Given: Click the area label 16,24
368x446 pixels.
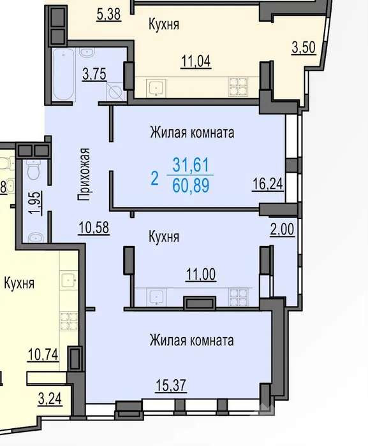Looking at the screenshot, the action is [268, 183].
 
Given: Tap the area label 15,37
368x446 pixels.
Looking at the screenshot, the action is [171, 385].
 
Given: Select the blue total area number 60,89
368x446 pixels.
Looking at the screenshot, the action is [191, 185].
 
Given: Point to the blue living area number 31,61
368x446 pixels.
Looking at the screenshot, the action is [191, 164].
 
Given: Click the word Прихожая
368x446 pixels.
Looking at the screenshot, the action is [84, 175].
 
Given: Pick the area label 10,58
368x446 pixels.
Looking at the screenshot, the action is [94, 227].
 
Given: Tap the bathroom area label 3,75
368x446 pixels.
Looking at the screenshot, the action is [94, 74].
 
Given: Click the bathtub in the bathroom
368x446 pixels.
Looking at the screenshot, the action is [63, 75].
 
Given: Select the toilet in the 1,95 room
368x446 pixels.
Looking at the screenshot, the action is [34, 170].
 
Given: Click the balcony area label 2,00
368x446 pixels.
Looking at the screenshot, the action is [283, 229].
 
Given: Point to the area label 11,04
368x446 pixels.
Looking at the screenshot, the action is [196, 61].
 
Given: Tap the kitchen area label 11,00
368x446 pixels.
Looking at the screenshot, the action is [201, 275].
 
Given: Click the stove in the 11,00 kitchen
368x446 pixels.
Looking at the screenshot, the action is [238, 297].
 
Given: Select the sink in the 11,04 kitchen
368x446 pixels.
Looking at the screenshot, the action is [156, 88].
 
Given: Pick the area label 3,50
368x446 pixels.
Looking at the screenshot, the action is [304, 47].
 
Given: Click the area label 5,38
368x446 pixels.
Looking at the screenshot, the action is [109, 14].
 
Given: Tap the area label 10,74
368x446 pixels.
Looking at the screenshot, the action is [43, 354].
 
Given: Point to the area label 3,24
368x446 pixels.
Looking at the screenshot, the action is [50, 398].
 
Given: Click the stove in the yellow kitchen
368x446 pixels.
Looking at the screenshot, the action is [69, 321].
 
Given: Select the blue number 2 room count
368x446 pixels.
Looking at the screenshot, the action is [154, 178].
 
